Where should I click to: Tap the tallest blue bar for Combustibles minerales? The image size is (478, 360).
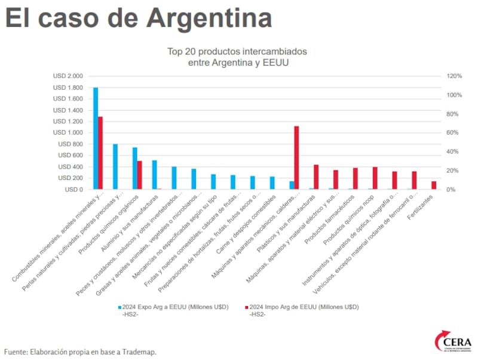click(x=96, y=138)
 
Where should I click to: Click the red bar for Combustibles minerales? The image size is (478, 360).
click(x=101, y=153)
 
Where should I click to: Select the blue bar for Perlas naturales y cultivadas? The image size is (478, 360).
click(x=115, y=167)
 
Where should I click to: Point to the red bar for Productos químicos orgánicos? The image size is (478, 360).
click(x=140, y=175)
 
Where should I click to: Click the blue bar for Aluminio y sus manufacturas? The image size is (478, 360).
click(x=154, y=175)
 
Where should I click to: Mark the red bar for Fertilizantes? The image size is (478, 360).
click(x=434, y=185)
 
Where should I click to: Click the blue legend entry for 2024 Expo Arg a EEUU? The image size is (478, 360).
click(x=173, y=307)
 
